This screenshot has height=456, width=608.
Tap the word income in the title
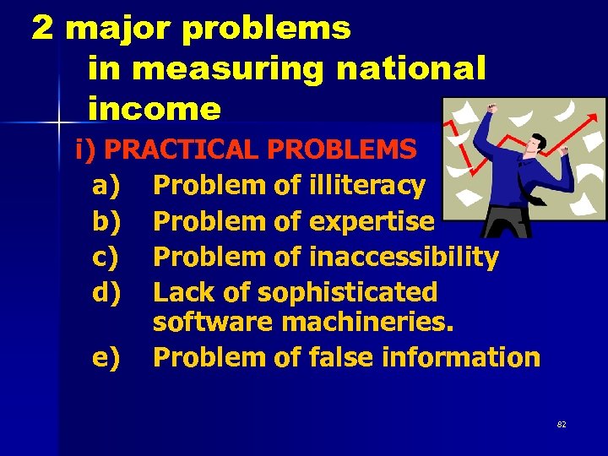(x=154, y=109)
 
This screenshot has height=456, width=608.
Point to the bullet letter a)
(x=106, y=184)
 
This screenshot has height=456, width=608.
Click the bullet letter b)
(x=106, y=221)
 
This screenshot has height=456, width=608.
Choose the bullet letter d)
(x=106, y=292)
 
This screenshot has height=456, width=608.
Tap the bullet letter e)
(x=106, y=357)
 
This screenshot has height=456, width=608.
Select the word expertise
(x=372, y=221)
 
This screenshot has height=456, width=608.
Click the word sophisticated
(x=347, y=292)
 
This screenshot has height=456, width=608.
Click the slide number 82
(x=562, y=425)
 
